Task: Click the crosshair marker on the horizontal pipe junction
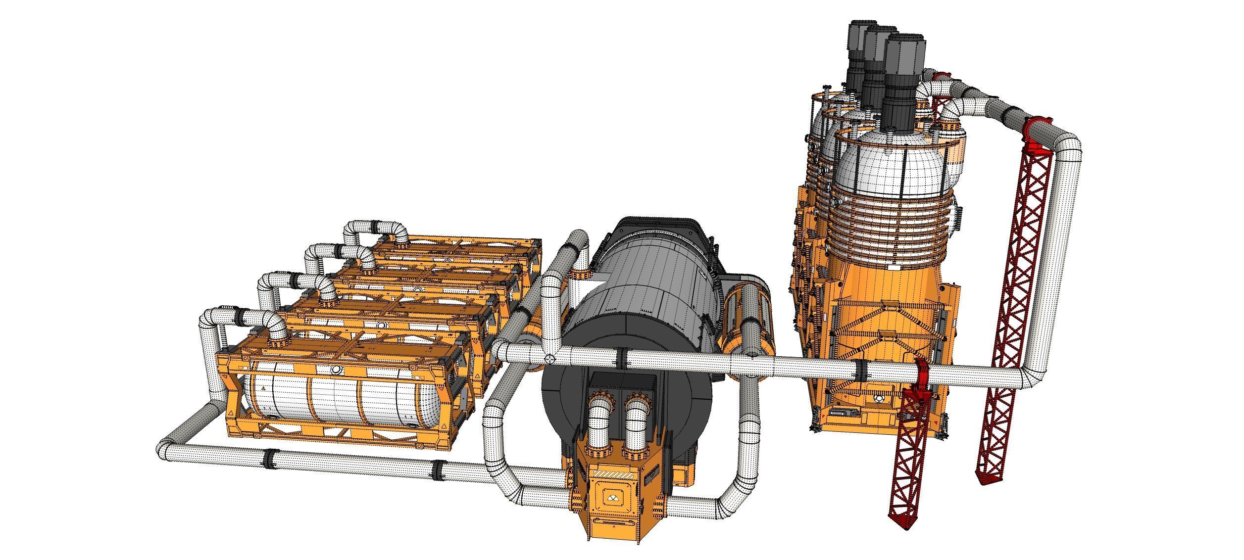coord(549,358)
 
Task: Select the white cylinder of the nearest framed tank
coord(337,401)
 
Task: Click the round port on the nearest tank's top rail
coord(336,370)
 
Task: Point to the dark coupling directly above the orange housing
coord(621,357)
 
